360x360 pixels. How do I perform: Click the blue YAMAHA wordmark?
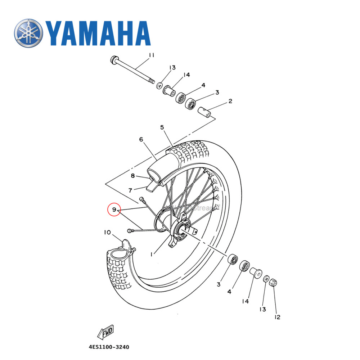98,34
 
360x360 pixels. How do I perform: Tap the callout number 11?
151,55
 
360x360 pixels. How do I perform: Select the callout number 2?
230,101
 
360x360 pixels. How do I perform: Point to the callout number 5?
162,127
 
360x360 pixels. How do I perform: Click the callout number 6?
141,139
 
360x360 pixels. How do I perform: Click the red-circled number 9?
114,210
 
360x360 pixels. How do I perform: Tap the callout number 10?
107,233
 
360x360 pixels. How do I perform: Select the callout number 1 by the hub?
152,254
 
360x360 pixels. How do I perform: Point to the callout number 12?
277,317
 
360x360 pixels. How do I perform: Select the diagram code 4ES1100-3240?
109,347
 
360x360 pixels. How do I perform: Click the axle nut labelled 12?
273,282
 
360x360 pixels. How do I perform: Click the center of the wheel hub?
181,230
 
